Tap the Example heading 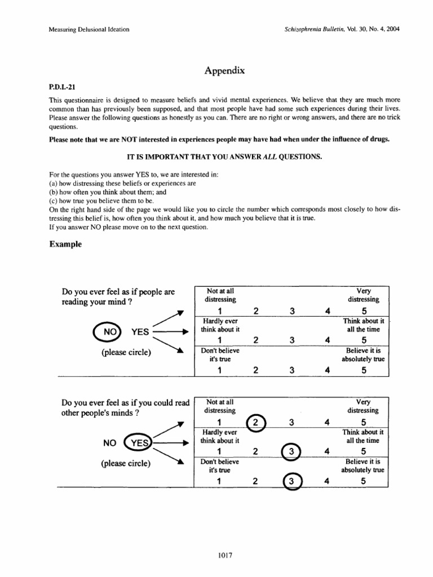tap(66, 245)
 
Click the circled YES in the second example tap(138, 443)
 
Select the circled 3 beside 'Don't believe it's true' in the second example tap(291, 481)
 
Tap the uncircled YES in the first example tap(140, 332)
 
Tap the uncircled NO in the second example tap(109, 443)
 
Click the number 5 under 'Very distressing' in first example tap(364, 312)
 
